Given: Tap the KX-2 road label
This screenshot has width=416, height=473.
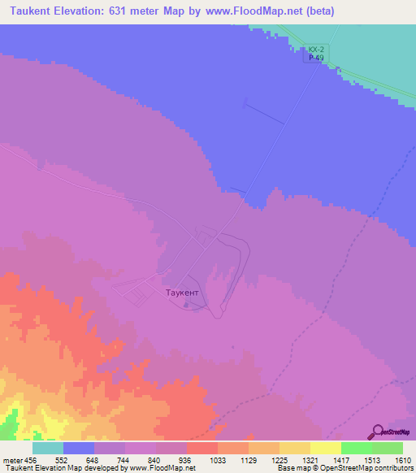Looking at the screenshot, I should (x=317, y=50).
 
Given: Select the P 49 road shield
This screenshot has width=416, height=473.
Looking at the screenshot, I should (x=317, y=58).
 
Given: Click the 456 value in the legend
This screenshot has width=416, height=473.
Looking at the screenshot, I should (x=28, y=459).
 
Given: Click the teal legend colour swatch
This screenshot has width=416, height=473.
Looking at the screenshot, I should (x=48, y=448).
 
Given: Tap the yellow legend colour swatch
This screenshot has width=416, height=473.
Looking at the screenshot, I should (x=326, y=448).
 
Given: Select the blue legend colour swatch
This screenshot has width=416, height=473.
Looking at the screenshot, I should (x=79, y=448).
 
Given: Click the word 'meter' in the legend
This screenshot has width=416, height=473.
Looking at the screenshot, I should (x=10, y=459).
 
